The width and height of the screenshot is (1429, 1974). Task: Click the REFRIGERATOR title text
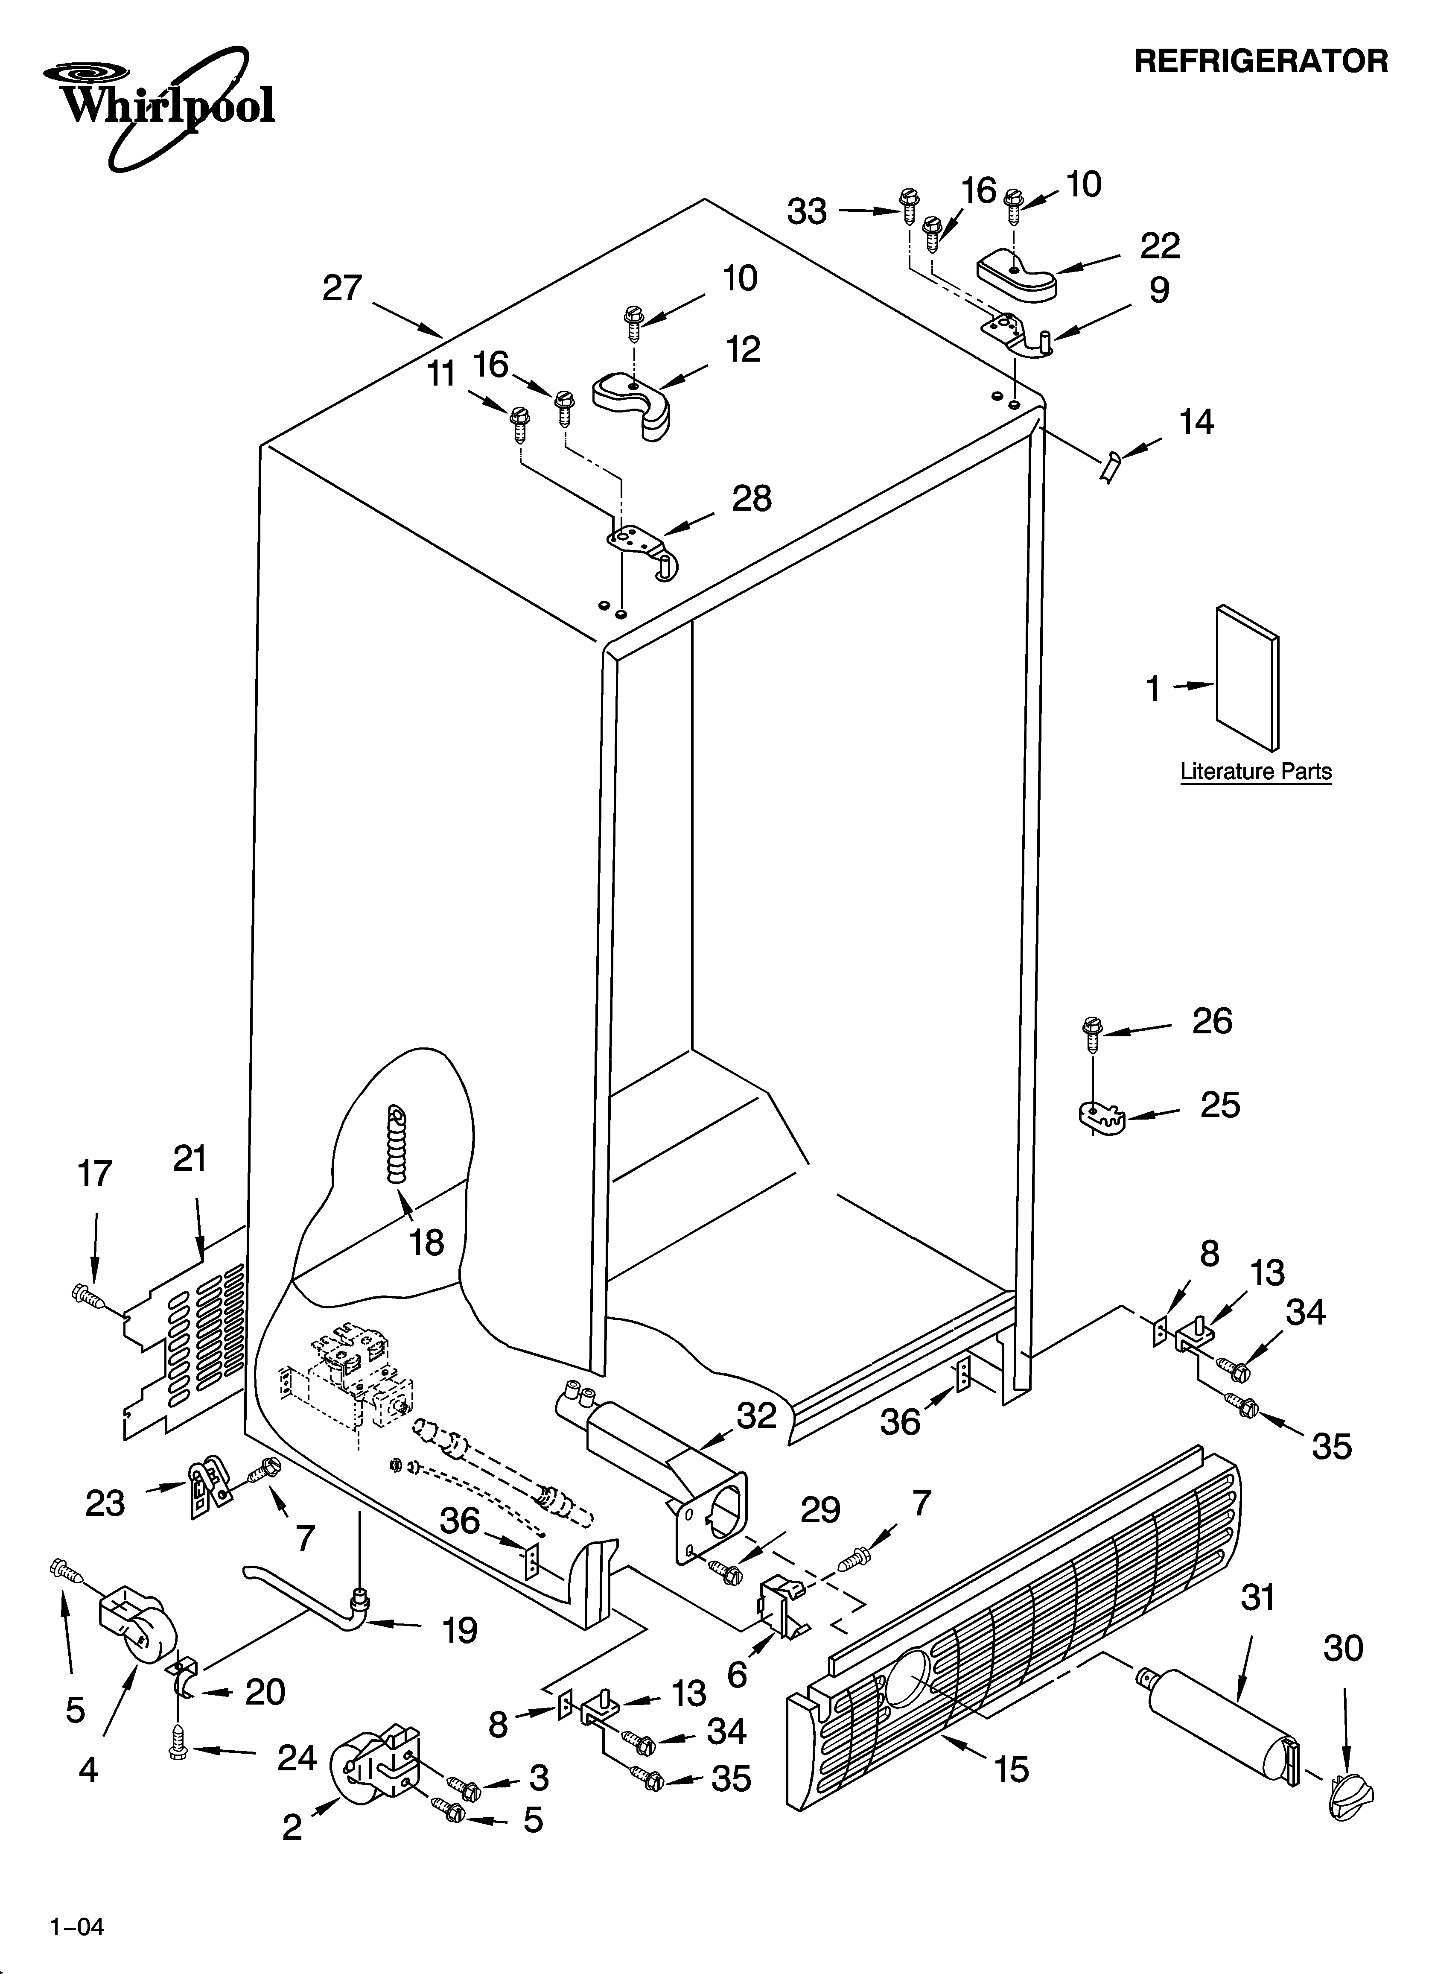(x=1261, y=61)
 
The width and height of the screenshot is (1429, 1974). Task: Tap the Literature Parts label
(x=1255, y=771)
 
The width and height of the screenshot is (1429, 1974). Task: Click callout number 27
(x=342, y=288)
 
